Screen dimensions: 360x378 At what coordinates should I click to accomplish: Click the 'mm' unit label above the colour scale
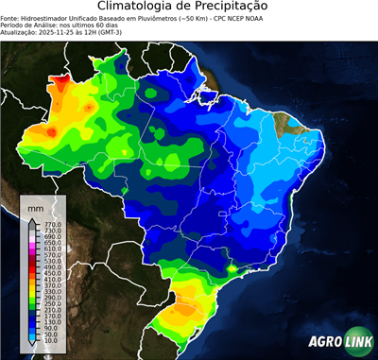[35, 207]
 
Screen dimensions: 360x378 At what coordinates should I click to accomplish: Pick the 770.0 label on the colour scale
[53, 223]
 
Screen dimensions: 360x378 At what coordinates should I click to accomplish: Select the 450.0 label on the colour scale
[53, 273]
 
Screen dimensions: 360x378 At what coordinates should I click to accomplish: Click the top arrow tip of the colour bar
[31, 218]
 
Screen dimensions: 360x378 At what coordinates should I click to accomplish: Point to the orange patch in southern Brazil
[186, 308]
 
